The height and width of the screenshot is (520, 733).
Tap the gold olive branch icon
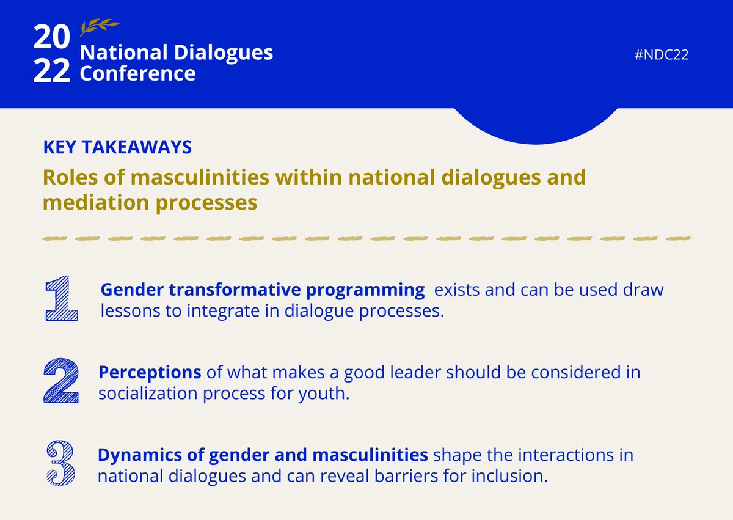[x=100, y=27]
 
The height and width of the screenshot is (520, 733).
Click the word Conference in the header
[x=138, y=74]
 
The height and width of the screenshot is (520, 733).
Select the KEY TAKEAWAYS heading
[x=117, y=147]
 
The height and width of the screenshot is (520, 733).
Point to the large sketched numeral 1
[x=61, y=298]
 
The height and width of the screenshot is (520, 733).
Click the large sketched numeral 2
[x=61, y=381]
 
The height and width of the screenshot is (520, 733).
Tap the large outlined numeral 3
[x=61, y=464]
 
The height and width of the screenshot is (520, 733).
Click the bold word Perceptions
[x=150, y=372]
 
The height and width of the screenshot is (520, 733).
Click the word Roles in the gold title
[x=65, y=178]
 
